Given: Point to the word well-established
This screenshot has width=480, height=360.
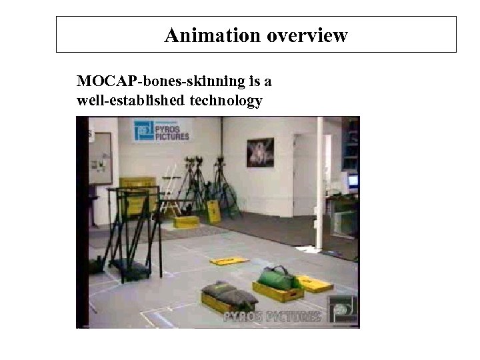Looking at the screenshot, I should pos(131,101).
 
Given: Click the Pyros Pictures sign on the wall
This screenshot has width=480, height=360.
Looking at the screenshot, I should pos(161,130).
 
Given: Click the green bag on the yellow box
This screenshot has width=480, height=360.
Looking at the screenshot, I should pos(279,278).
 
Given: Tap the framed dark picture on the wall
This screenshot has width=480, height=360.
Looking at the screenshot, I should pos(260,152).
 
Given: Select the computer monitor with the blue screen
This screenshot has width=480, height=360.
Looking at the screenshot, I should pos(352,180).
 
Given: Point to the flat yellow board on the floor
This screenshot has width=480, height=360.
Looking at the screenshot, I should pos(229,261).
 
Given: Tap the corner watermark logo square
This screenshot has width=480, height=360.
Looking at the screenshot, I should pos(343,308).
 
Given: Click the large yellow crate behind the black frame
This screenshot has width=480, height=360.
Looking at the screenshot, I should pos(138,193).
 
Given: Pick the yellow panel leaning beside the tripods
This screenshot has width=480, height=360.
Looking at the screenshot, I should pos(214,211).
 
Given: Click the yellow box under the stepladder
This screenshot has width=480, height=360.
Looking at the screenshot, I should pos(186,223).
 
